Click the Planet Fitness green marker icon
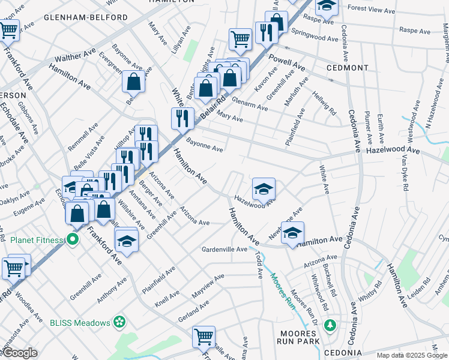(x=73, y=241)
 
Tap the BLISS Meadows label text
(x=85, y=322)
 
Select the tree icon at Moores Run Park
(x=330, y=325)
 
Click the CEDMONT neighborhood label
(x=347, y=68)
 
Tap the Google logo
(x=20, y=353)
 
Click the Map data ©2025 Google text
(x=412, y=355)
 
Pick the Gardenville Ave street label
(x=224, y=249)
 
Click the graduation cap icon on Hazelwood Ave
(x=264, y=188)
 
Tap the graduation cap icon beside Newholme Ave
(x=292, y=232)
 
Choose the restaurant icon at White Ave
(x=182, y=118)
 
